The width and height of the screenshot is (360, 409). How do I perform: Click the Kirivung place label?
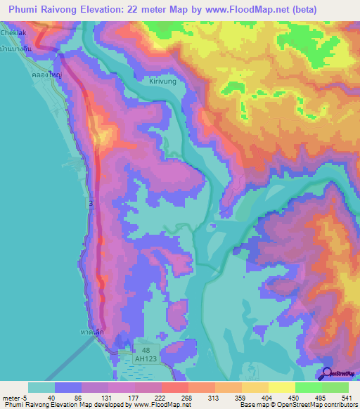click(x=165, y=82)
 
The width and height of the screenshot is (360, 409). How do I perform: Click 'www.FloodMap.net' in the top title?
click(x=241, y=10)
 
